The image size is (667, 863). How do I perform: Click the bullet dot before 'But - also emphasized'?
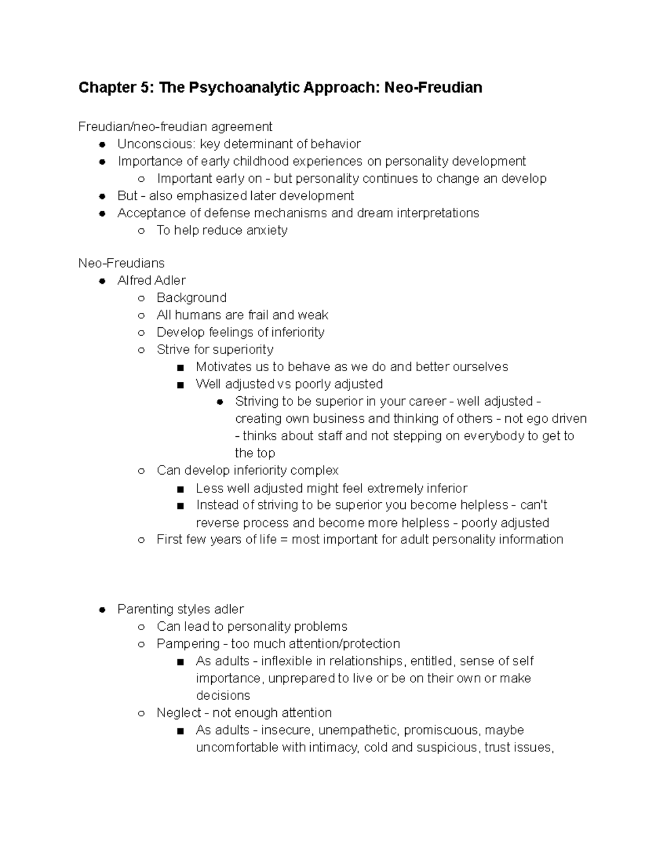pos(102,196)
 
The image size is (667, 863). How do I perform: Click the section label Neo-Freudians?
pos(121,263)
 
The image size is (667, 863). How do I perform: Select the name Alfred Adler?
pos(151,281)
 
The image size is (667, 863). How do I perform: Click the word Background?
pos(191,298)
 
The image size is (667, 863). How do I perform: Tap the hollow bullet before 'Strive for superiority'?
pos(141,350)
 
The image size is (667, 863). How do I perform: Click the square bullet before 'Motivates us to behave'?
pos(180,368)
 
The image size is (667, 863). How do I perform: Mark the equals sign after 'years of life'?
pos(283,540)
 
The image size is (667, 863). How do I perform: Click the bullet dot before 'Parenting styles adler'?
pos(102,610)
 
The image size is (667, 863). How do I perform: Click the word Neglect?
pos(178,713)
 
